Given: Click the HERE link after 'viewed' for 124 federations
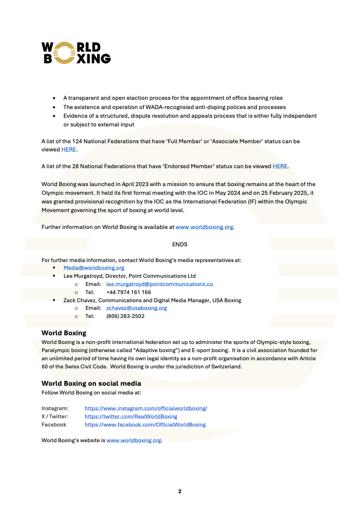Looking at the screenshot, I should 69,149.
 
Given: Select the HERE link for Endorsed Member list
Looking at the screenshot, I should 280,166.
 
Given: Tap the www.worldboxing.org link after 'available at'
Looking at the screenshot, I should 204,227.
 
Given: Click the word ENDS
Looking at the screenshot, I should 179,245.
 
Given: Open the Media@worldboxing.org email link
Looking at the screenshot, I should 94,268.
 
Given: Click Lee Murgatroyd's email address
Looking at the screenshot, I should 159,284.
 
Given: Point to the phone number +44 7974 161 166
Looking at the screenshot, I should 128,292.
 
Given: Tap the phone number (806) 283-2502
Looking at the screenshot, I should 125,316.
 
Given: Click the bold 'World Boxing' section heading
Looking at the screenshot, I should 64,333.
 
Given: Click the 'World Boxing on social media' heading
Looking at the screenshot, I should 91,384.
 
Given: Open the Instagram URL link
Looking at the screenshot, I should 146,408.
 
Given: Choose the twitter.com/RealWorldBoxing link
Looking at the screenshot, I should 131,416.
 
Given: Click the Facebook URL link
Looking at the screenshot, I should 145,424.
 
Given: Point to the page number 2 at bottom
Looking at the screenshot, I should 180,491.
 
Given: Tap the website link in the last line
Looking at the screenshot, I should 134,440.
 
